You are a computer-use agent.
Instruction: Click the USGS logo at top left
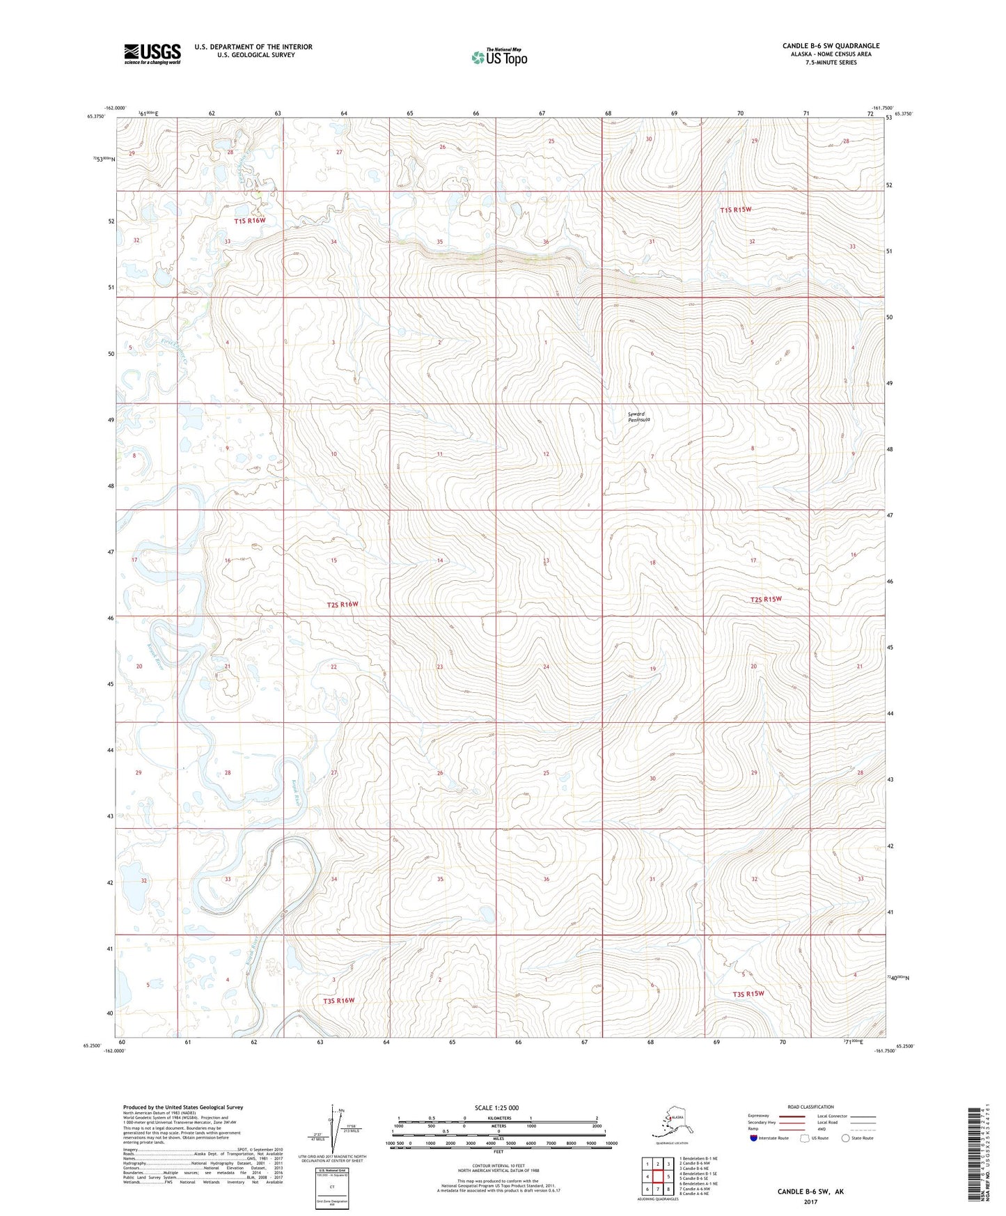(152, 54)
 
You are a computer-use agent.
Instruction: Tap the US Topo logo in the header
(498, 56)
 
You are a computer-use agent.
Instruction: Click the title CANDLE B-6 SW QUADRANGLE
(831, 46)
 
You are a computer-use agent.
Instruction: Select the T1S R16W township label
(250, 221)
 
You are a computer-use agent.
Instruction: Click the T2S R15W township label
(766, 600)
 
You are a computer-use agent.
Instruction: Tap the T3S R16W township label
(338, 1001)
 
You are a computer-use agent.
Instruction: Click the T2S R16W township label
(343, 605)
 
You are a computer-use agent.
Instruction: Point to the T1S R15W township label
(736, 210)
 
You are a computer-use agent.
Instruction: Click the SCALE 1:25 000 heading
(496, 1108)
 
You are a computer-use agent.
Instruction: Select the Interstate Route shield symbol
(753, 1138)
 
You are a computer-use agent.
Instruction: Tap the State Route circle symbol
(845, 1138)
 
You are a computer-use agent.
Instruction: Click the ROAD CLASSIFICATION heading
(810, 1107)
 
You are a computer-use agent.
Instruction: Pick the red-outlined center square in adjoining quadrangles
(657, 1176)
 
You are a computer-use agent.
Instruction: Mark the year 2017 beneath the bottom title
(810, 1202)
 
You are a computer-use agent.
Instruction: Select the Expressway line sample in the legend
(792, 1116)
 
